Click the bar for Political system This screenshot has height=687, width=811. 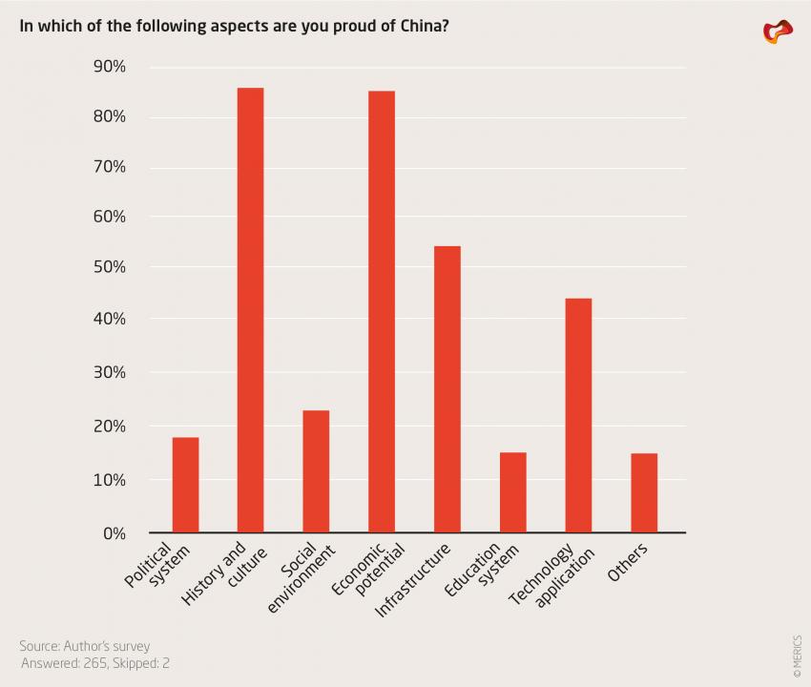(185, 485)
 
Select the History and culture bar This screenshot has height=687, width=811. (251, 310)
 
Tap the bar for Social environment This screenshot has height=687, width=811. (316, 471)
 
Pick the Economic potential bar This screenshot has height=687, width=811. (382, 311)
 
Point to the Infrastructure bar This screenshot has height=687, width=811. (447, 389)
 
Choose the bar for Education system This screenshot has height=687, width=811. (512, 492)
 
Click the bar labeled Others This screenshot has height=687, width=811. (644, 492)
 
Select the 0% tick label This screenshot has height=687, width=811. (114, 533)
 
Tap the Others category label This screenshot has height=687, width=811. (628, 563)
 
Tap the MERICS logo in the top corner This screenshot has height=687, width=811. (778, 31)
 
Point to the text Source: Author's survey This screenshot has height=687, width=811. (84, 646)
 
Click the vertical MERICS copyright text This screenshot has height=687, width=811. (798, 657)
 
